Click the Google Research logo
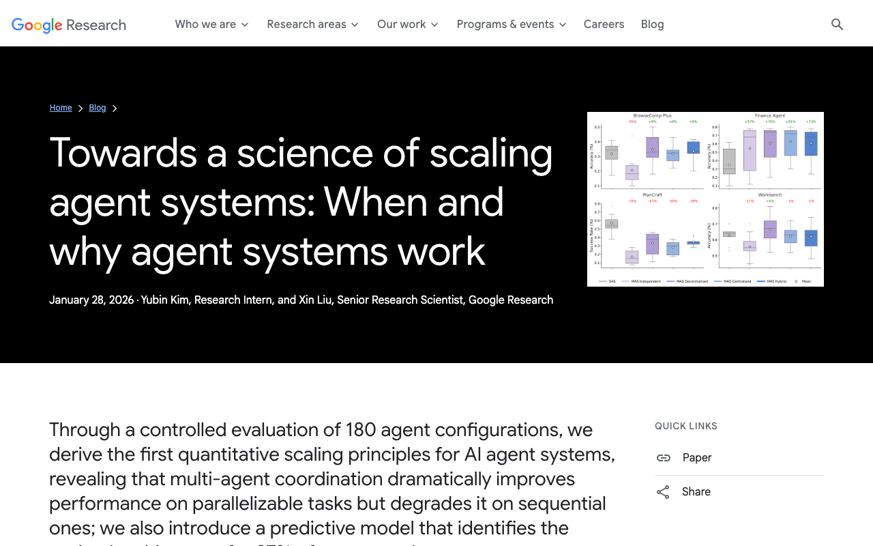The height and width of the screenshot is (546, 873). tap(69, 25)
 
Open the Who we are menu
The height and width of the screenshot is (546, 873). tap(211, 25)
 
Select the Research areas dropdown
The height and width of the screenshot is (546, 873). tap(312, 25)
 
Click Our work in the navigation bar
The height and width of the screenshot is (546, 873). tap(407, 25)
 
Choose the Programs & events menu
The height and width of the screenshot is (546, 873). tap(512, 25)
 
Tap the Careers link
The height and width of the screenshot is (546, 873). tap(604, 25)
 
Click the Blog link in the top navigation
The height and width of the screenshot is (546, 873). tap(652, 25)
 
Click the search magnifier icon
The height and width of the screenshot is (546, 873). tap(838, 25)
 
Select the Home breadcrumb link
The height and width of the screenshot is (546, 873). tap(61, 108)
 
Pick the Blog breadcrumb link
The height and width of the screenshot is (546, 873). tap(98, 108)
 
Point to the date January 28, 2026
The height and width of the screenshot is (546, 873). tap(91, 300)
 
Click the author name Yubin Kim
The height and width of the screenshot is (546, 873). tap(166, 300)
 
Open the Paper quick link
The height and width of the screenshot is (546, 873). tap(696, 457)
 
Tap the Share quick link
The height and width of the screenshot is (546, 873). tap(696, 491)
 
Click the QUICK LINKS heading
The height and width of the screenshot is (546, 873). tap(686, 426)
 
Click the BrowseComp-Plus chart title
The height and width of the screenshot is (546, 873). tap(652, 116)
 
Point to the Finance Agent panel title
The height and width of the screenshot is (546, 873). tap(770, 116)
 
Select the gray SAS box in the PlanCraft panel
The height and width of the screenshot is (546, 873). tap(611, 224)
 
